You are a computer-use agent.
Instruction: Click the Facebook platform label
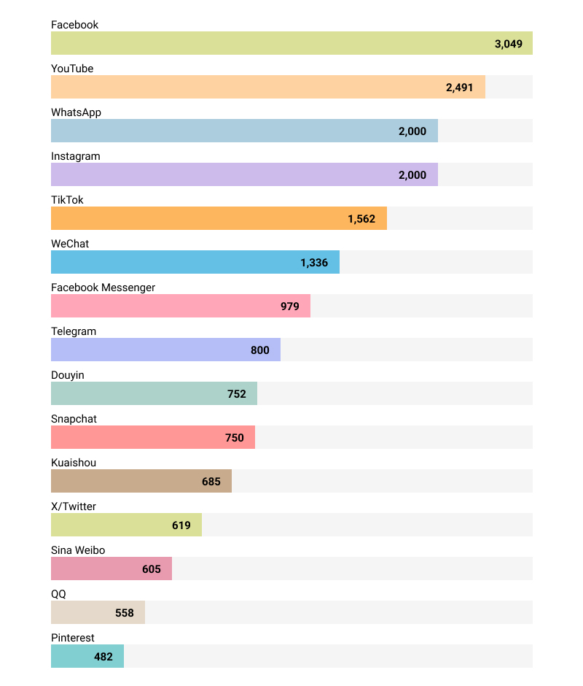coord(74,25)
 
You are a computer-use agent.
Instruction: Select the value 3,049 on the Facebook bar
coord(508,44)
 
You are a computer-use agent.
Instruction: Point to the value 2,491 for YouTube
coord(459,88)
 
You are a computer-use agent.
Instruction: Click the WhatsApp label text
coord(76,112)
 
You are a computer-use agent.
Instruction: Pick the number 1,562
coord(361,219)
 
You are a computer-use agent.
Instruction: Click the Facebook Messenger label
coord(103,288)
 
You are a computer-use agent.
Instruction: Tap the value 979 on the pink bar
coord(290,307)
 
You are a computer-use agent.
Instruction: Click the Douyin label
coord(67,375)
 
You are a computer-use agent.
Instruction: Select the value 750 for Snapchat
coord(235,438)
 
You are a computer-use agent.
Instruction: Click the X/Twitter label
coord(74,506)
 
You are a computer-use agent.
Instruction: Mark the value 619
coord(181,525)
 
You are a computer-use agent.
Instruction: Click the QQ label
coord(58,594)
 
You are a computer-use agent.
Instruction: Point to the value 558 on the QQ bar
coord(125,613)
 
